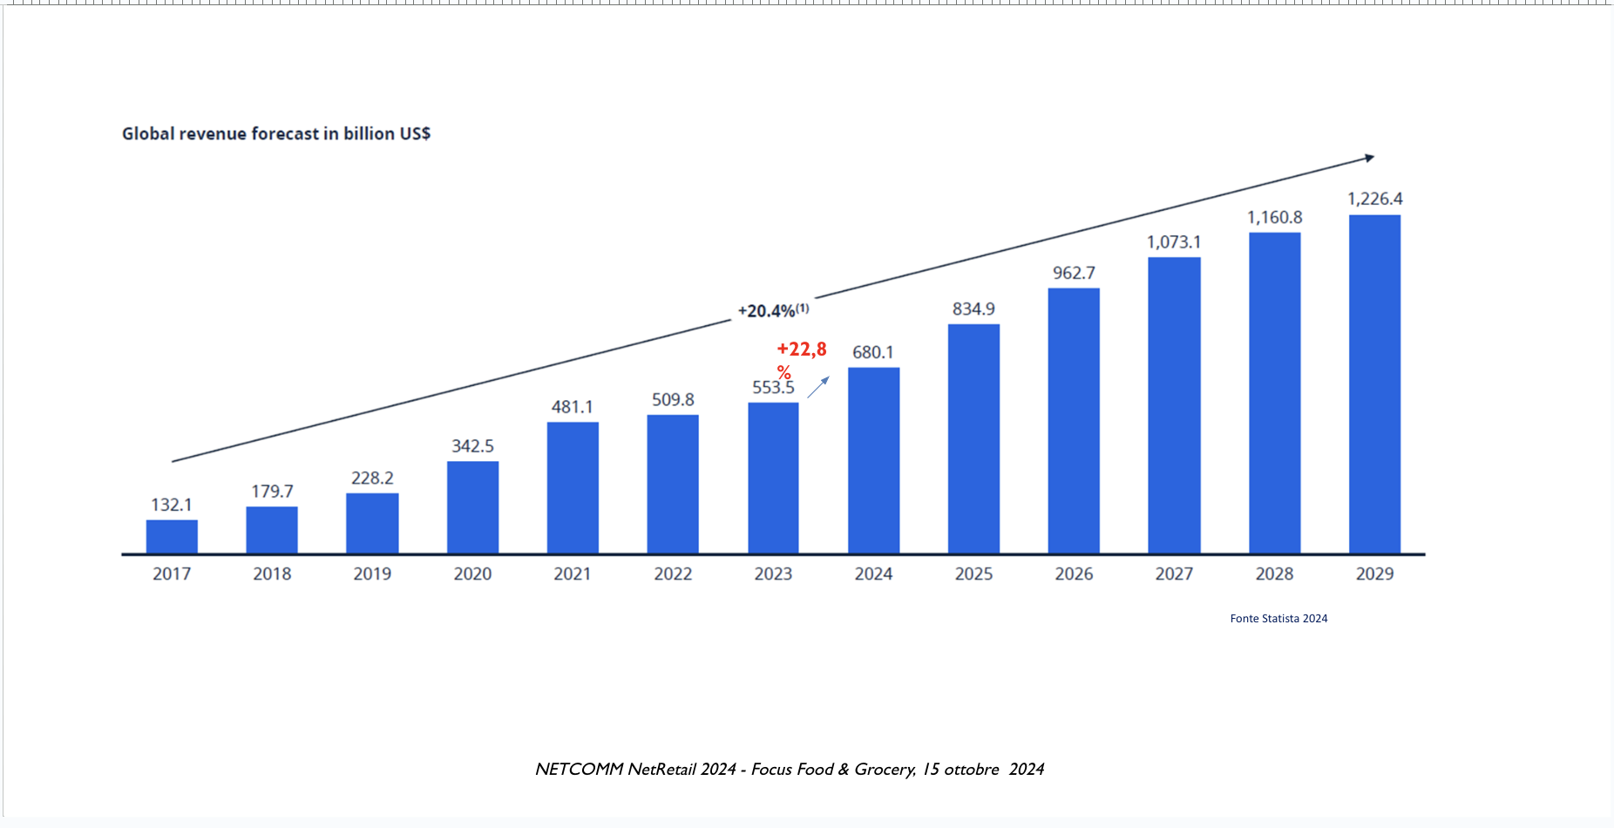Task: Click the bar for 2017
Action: [x=172, y=537]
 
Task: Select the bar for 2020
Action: [x=472, y=507]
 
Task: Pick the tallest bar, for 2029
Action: [x=1374, y=383]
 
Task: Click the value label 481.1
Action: [x=572, y=407]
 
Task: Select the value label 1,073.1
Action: [x=1173, y=242]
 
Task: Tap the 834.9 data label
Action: [x=973, y=309]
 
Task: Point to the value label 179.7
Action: [x=272, y=492]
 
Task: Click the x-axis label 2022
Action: [x=673, y=573]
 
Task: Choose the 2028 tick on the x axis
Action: [x=1274, y=573]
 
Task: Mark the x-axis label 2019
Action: [x=372, y=573]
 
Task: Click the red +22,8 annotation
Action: [x=801, y=350]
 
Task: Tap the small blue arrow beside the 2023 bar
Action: [x=817, y=387]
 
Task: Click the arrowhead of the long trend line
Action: [x=1369, y=158]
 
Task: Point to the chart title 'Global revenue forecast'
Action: [x=275, y=133]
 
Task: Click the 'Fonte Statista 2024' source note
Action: [x=1278, y=619]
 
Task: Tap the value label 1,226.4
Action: [x=1374, y=199]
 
